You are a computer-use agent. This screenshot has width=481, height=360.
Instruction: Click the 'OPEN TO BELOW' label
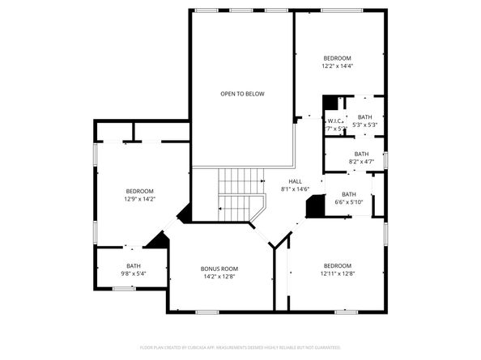pyautogui.click(x=242, y=94)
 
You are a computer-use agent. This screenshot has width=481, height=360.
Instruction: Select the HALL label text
pyautogui.click(x=296, y=181)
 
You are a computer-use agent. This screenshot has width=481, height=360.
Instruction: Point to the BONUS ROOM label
pyautogui.click(x=219, y=269)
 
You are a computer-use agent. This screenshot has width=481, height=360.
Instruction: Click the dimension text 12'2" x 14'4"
pyautogui.click(x=338, y=66)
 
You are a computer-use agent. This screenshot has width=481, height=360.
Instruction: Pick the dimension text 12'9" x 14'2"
pyautogui.click(x=139, y=198)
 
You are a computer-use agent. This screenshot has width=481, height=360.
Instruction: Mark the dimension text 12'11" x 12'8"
pyautogui.click(x=338, y=274)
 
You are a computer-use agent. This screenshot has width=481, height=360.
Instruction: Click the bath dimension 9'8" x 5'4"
pyautogui.click(x=134, y=273)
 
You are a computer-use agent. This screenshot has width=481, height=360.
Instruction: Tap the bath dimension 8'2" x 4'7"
pyautogui.click(x=361, y=162)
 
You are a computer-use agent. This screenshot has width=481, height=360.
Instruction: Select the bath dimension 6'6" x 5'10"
pyautogui.click(x=348, y=202)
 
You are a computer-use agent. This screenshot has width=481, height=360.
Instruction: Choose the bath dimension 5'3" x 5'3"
pyautogui.click(x=365, y=125)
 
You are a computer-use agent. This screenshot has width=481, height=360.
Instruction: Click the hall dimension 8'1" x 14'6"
pyautogui.click(x=296, y=189)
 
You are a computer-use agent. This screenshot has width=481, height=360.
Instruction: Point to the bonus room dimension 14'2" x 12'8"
pyautogui.click(x=219, y=277)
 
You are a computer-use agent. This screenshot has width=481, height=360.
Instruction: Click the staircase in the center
pyautogui.click(x=240, y=194)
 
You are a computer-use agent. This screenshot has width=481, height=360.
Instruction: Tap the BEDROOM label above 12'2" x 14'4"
pyautogui.click(x=338, y=58)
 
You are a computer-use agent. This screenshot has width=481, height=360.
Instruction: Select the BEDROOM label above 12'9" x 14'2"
pyautogui.click(x=139, y=190)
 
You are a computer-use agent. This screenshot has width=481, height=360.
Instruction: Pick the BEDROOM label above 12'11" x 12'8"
pyautogui.click(x=338, y=266)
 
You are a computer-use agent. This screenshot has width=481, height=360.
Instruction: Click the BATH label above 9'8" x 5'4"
pyautogui.click(x=134, y=265)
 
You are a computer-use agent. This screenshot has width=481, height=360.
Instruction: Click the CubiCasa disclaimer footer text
pyautogui.click(x=240, y=347)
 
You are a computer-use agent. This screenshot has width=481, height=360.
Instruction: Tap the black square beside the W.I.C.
pyautogui.click(x=330, y=103)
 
